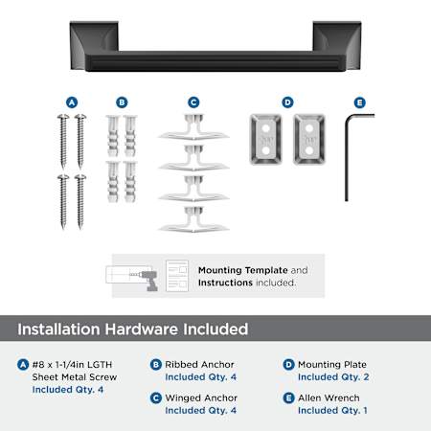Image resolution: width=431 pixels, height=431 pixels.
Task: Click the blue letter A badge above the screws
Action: tap(72, 102)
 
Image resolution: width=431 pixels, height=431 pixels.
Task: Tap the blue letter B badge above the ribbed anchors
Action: tap(122, 102)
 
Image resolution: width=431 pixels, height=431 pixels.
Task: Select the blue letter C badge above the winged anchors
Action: tap(193, 102)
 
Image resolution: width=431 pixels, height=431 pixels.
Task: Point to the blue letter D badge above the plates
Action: tap(287, 102)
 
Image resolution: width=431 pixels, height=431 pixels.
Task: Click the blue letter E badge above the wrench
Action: tap(360, 102)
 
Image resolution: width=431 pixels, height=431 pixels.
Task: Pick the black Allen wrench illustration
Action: tap(347, 156)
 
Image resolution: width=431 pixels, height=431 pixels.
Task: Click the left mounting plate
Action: tap(265, 139)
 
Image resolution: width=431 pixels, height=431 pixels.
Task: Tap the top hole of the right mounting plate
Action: tap(309, 128)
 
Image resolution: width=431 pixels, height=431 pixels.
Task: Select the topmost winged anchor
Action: tap(193, 127)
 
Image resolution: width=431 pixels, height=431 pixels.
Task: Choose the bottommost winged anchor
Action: tap(193, 219)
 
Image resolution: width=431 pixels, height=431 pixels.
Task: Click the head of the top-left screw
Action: tap(63, 117)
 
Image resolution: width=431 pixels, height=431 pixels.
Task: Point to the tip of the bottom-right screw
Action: tap(80, 228)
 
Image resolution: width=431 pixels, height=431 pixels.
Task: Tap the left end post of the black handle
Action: tap(94, 45)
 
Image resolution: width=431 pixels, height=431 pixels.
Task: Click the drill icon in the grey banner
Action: tap(148, 280)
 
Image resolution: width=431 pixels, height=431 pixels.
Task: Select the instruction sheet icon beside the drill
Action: tap(177, 276)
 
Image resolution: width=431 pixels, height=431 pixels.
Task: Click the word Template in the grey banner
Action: tap(266, 270)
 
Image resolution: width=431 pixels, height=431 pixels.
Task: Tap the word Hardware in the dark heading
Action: tap(142, 329)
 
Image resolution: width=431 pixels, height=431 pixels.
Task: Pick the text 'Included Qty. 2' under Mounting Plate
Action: tap(333, 377)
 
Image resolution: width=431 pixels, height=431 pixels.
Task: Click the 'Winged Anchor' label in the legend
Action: tap(201, 397)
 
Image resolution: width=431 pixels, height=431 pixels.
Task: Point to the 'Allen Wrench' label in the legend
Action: tap(329, 397)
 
